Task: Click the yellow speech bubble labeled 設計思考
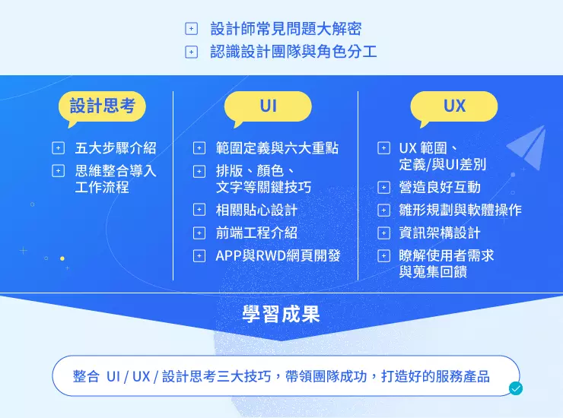pyautogui.click(x=103, y=106)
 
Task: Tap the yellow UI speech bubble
pyautogui.click(x=268, y=106)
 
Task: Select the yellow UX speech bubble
pyautogui.click(x=454, y=106)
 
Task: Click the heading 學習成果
pyautogui.click(x=281, y=315)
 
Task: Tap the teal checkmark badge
pyautogui.click(x=516, y=388)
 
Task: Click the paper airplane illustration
pyautogui.click(x=527, y=147)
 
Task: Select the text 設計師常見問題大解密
pyautogui.click(x=286, y=29)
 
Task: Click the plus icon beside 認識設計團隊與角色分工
pyautogui.click(x=192, y=52)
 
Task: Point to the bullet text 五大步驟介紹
pyautogui.click(x=116, y=148)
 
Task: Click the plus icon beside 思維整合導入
pyautogui.click(x=58, y=171)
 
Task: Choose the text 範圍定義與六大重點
pyautogui.click(x=277, y=148)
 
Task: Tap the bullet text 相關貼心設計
pyautogui.click(x=256, y=210)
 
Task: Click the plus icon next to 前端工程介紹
pyautogui.click(x=199, y=233)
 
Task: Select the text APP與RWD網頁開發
pyautogui.click(x=278, y=256)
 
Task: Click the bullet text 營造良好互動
pyautogui.click(x=440, y=187)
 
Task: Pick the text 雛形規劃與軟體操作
pyautogui.click(x=460, y=210)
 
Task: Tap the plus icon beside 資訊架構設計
pyautogui.click(x=384, y=233)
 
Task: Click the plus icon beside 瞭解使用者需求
pyautogui.click(x=384, y=256)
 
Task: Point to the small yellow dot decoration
pyautogui.click(x=62, y=258)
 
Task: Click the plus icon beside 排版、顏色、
pyautogui.click(x=199, y=172)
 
